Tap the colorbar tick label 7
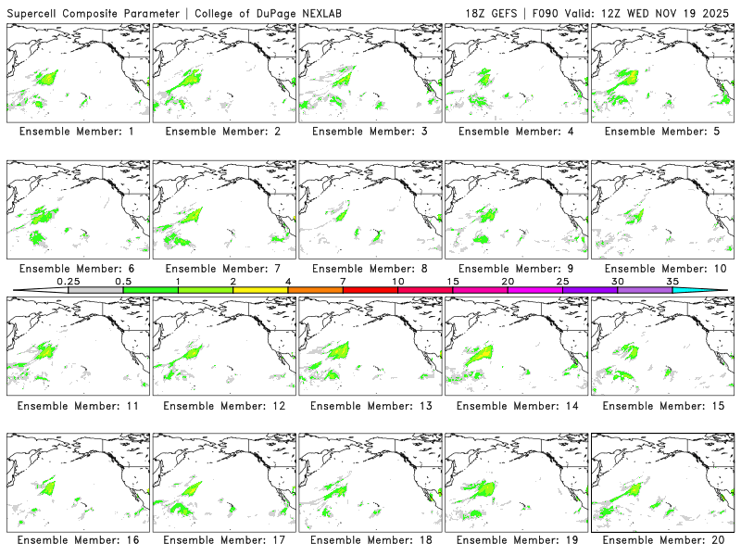coord(343,281)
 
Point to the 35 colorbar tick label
coord(672,281)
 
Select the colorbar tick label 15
coord(453,281)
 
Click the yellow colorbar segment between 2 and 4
coord(260,290)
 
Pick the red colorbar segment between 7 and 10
coord(370,290)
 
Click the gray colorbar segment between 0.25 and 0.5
coord(94,290)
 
